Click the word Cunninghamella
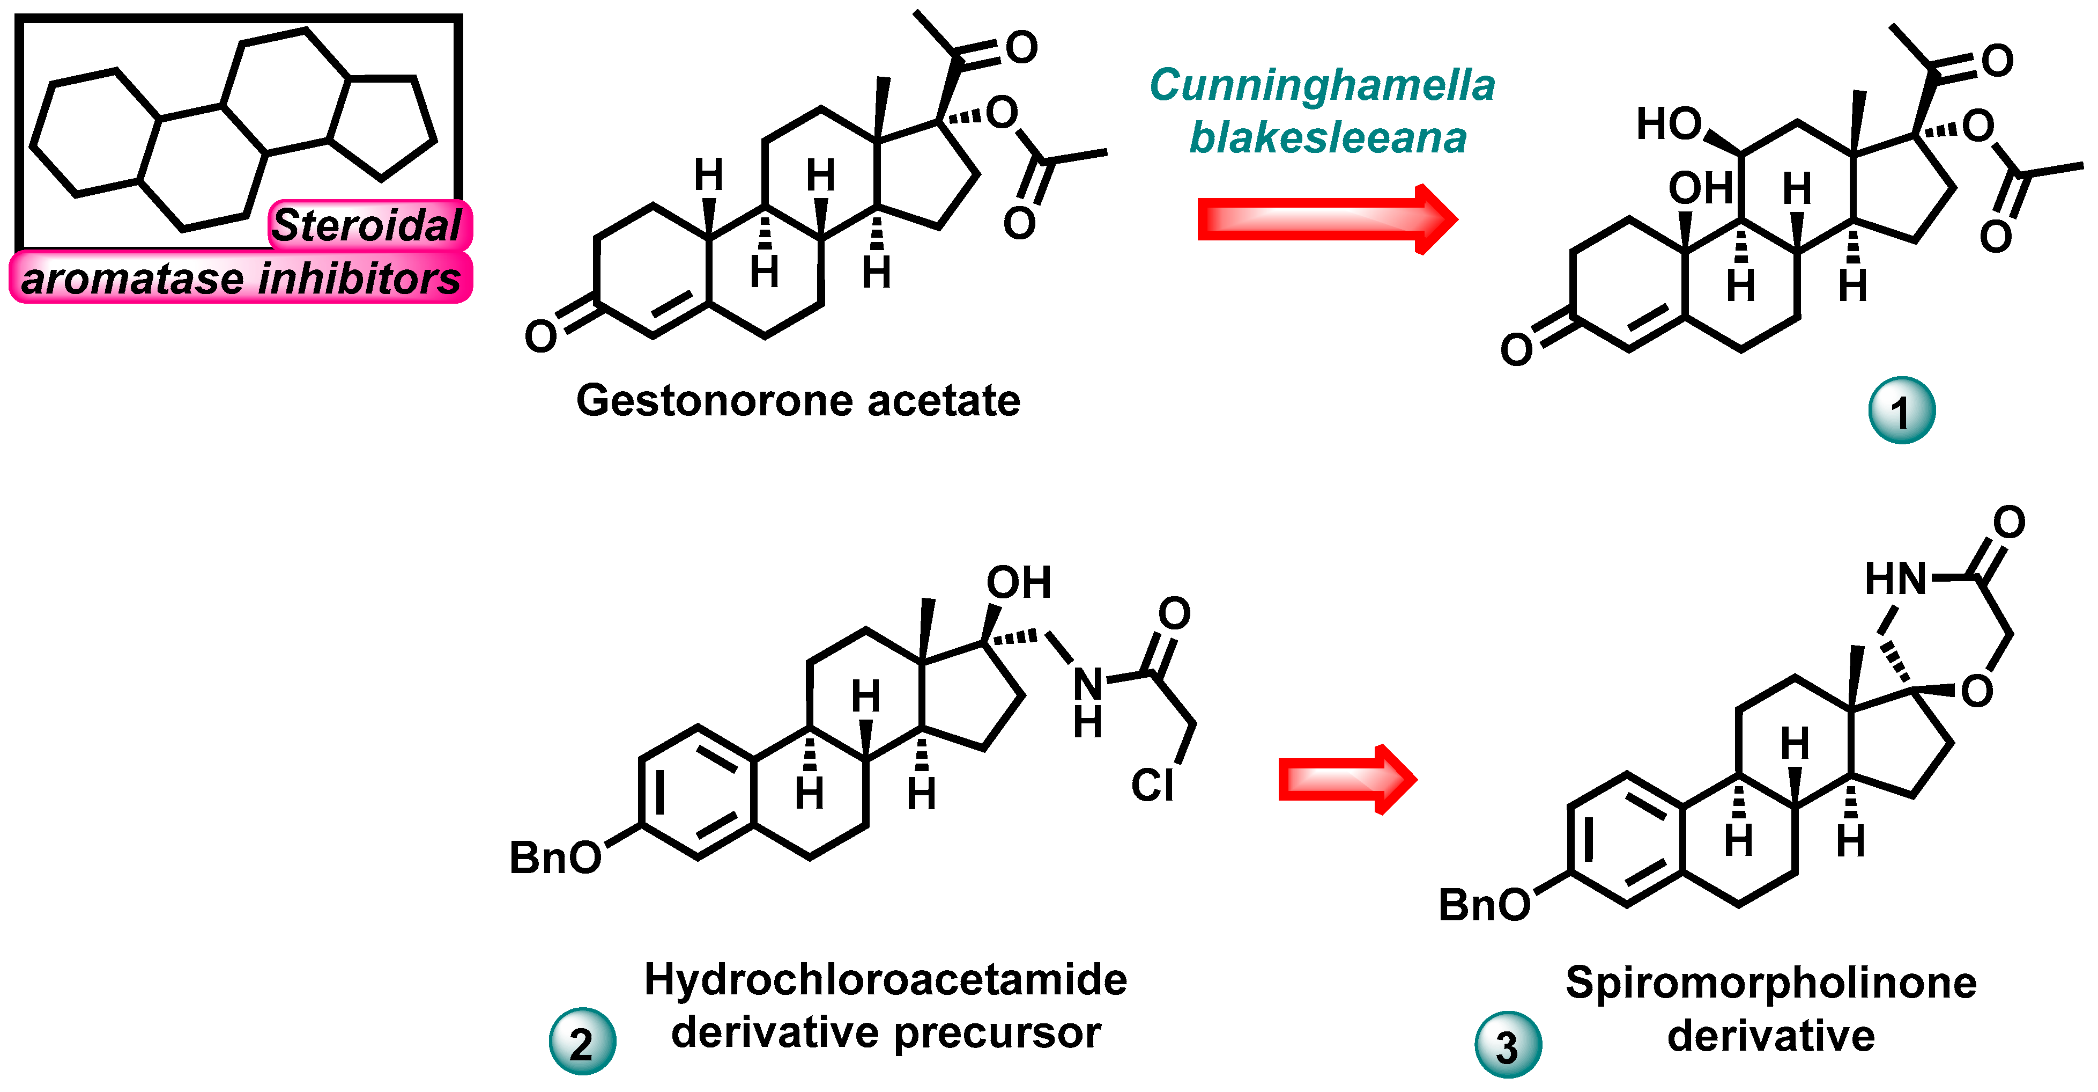click(1321, 85)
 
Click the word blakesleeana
click(1328, 138)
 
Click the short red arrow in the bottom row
click(1347, 780)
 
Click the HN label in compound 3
click(1895, 580)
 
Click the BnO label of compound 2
click(554, 858)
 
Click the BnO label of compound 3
click(1484, 905)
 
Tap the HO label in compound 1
click(1668, 124)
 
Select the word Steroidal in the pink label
click(367, 226)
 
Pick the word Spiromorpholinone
click(1770, 983)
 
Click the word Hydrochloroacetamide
click(885, 979)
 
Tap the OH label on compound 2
click(1019, 583)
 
